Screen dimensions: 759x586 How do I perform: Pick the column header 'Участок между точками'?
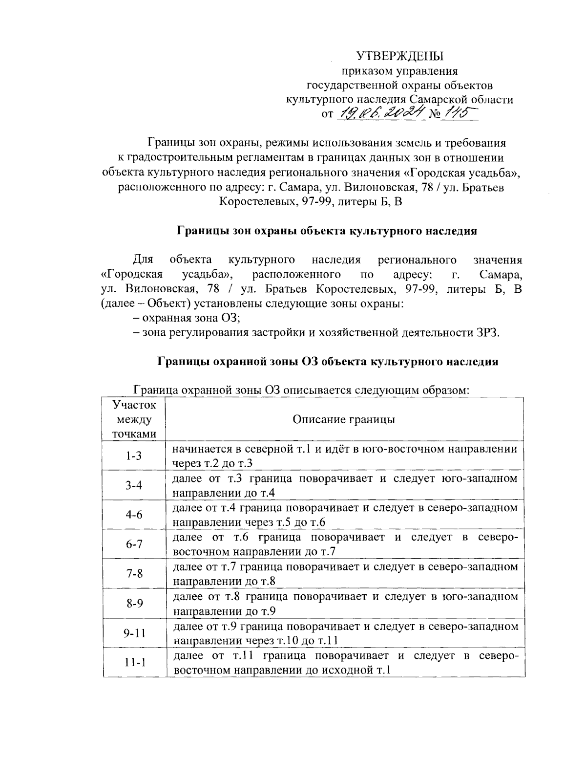tap(134, 419)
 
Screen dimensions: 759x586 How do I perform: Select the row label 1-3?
tap(134, 456)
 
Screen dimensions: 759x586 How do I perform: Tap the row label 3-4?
tap(134, 485)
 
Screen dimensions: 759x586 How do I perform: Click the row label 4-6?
tap(134, 515)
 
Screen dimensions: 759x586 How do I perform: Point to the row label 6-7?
tap(134, 544)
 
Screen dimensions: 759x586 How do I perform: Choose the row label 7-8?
tap(134, 574)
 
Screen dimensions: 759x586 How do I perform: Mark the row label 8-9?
tap(134, 604)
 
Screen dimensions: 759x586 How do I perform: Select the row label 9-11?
tap(134, 633)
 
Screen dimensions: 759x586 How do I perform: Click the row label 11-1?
tap(134, 663)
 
